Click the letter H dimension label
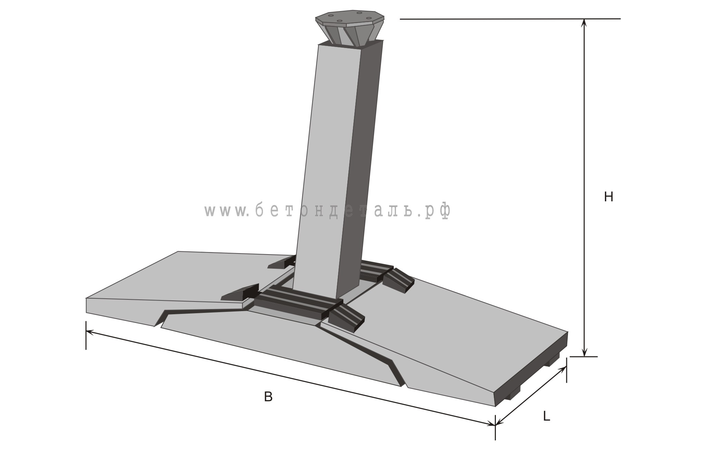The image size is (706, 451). pyautogui.click(x=608, y=197)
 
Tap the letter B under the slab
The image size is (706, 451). pyautogui.click(x=268, y=397)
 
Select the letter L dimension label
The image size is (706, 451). pyautogui.click(x=546, y=417)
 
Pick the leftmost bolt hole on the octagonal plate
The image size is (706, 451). pyautogui.click(x=331, y=16)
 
